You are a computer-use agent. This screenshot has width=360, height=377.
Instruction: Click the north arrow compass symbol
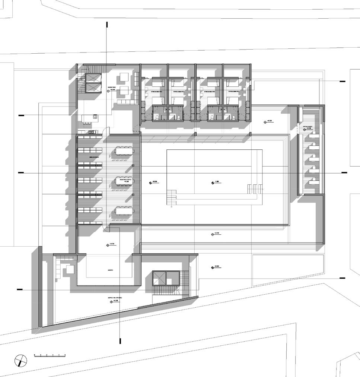point(21,360)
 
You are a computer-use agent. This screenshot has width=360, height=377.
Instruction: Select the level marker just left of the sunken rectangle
point(151,183)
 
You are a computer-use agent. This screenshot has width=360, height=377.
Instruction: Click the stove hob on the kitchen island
point(95,117)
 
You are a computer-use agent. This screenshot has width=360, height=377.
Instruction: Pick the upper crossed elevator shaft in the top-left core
point(93,77)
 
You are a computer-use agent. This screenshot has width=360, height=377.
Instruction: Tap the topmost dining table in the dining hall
point(125,151)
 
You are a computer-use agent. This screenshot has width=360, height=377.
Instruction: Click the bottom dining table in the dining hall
point(125,211)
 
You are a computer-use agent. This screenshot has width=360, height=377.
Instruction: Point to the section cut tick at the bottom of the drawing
point(120,341)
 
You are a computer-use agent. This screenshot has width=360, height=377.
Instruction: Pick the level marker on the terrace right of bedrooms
point(265,121)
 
